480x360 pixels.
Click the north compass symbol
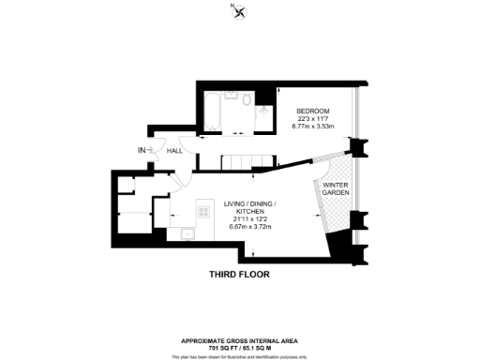(242, 12)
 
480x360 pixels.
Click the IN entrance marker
(142, 150)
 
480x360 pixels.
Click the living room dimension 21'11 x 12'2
(253, 221)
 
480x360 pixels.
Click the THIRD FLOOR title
(239, 275)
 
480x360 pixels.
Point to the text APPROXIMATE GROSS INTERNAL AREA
(240, 339)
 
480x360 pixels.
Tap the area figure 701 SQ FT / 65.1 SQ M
(240, 347)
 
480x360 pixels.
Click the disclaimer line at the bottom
(240, 356)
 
